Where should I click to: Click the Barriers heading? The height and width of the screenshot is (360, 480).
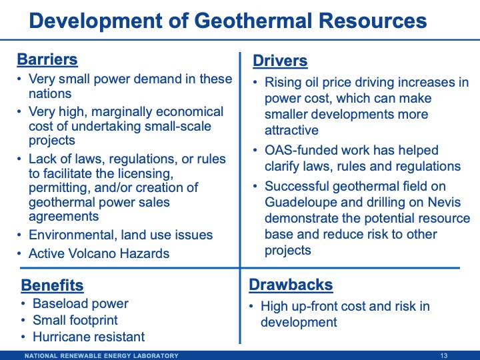pos(47,59)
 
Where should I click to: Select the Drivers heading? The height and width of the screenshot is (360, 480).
pos(280,61)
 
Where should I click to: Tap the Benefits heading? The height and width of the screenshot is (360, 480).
pos(52,285)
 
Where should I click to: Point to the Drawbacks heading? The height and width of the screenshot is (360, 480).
pos(291,285)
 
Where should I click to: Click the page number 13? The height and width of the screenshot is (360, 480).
pos(444,355)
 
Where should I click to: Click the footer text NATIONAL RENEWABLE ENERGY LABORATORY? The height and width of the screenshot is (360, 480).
pos(101,355)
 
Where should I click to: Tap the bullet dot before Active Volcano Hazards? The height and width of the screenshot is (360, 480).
pos(20,253)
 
